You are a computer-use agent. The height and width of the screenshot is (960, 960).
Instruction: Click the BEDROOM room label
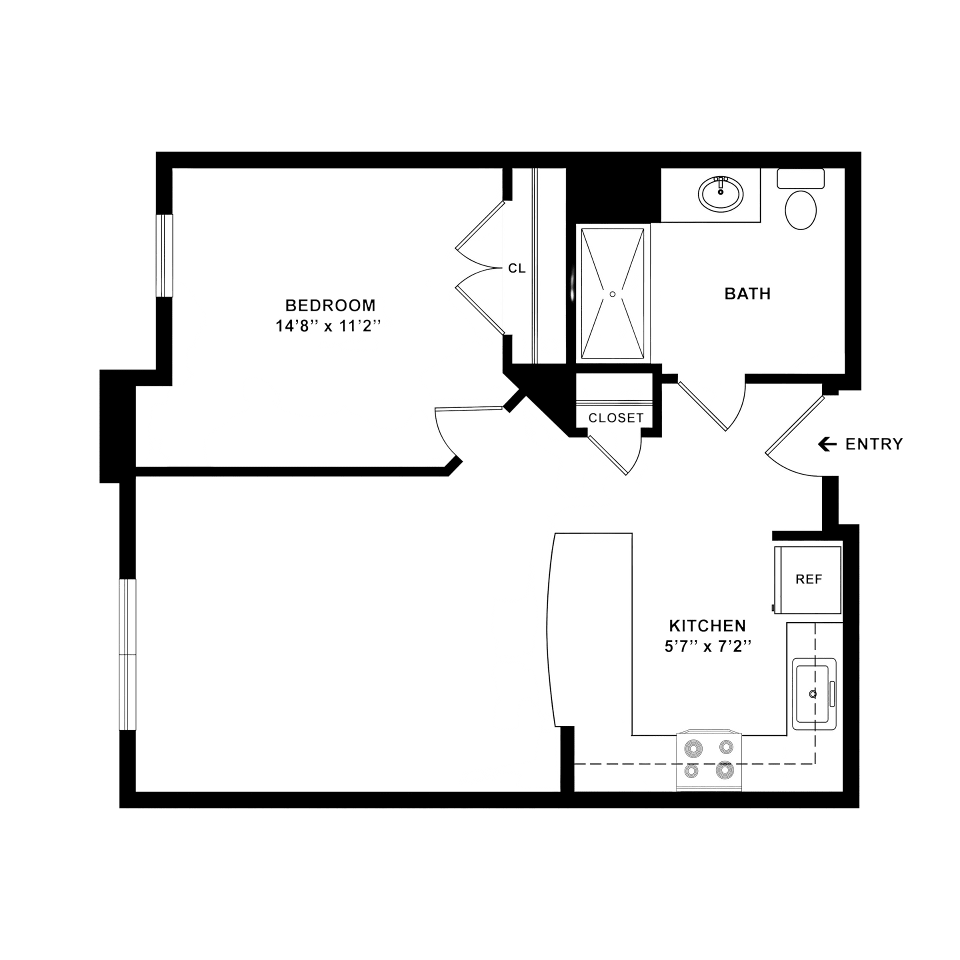[330, 305]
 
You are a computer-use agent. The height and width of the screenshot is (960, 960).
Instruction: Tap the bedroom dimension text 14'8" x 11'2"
[328, 326]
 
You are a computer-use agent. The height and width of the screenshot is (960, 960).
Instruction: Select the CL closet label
[516, 268]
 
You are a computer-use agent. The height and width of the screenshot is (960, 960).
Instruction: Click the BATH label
[747, 293]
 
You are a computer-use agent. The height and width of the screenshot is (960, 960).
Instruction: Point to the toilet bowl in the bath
[800, 210]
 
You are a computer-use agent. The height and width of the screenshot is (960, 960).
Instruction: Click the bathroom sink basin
[720, 194]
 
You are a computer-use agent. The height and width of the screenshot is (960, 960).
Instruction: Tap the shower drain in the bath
[612, 294]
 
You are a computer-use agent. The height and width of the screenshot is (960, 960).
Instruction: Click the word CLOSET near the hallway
[616, 417]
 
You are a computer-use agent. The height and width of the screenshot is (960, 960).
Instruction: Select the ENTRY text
[874, 444]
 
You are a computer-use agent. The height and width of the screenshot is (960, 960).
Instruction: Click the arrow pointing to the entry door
[827, 444]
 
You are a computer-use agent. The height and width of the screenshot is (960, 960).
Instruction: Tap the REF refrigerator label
[808, 579]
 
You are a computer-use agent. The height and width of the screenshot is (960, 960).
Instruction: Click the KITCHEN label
[707, 625]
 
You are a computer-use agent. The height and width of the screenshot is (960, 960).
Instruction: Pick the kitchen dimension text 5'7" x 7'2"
[708, 646]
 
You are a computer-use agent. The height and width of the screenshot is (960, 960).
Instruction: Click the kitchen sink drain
[813, 694]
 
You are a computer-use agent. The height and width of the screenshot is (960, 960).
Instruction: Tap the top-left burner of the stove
[693, 748]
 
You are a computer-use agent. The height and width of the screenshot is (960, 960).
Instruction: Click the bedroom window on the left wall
[164, 255]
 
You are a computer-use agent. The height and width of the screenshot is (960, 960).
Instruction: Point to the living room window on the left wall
[127, 654]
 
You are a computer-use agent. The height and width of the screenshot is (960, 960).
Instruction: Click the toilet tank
[800, 178]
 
